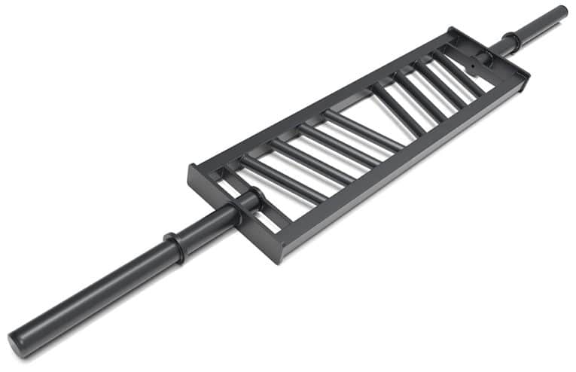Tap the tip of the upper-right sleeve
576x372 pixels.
coord(560,11)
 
